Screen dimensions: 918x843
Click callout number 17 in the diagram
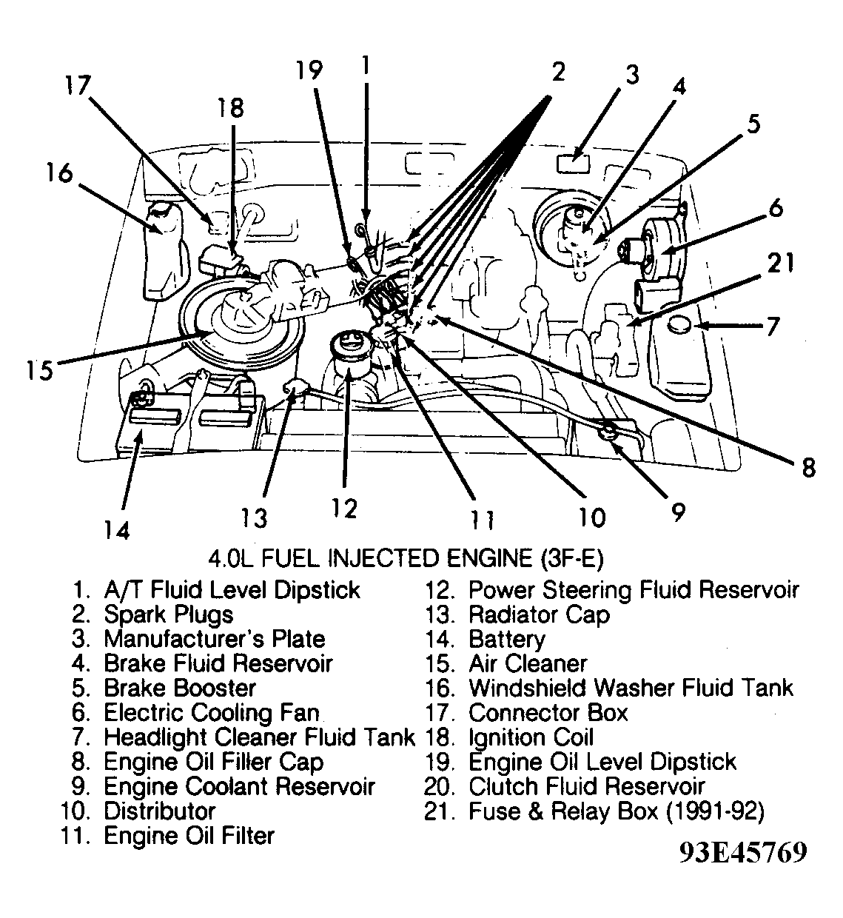point(76,87)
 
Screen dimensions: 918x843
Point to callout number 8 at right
point(808,467)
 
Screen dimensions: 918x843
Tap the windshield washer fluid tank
point(164,245)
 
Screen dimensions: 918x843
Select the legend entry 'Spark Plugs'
point(168,614)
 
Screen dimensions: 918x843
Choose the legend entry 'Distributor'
point(159,811)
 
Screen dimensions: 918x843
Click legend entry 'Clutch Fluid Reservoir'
point(586,786)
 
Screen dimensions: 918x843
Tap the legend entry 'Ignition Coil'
point(531,737)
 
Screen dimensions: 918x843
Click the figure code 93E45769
point(742,853)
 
